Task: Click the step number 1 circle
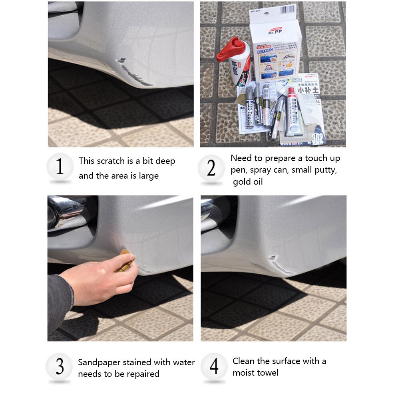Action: (60, 167)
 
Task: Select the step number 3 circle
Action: (60, 367)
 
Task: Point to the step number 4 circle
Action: (214, 366)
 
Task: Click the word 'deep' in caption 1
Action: (165, 161)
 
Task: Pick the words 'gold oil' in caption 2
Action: (248, 182)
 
